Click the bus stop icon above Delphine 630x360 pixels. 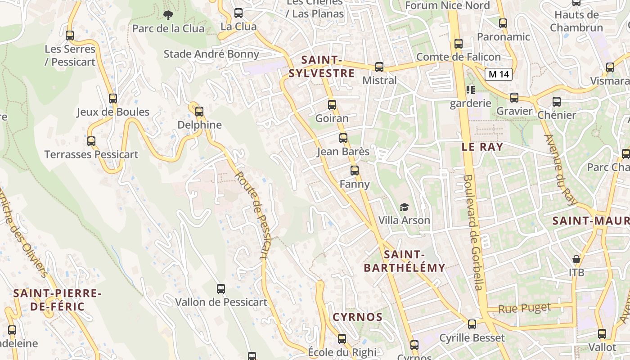199,111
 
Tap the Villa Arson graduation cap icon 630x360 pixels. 404,207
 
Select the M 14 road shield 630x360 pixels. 499,74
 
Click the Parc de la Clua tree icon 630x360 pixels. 168,15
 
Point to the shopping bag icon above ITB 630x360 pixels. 576,259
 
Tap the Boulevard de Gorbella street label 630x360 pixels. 472,232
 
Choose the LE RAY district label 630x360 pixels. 482,147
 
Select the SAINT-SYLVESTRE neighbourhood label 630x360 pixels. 321,67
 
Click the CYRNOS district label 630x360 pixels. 357,317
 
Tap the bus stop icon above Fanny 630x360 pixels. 354,171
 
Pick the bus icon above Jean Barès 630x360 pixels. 343,138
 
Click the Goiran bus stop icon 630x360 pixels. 332,105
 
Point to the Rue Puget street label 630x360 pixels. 524,308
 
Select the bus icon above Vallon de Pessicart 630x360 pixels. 220,289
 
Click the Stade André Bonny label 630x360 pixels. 211,54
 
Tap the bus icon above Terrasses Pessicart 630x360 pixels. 91,141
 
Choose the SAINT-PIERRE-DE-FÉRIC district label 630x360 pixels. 57,300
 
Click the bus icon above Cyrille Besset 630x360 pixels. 472,324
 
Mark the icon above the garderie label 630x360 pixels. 470,90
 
